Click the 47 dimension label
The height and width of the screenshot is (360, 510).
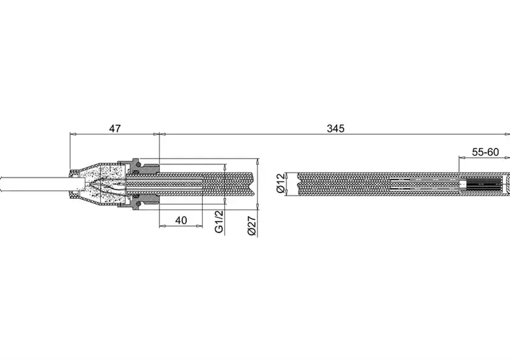[x=115, y=129]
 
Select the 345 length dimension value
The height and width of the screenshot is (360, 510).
[x=335, y=129]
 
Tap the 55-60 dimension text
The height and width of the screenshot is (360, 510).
[x=485, y=152]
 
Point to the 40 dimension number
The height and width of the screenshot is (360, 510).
[x=181, y=220]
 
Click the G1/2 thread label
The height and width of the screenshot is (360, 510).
[x=219, y=222]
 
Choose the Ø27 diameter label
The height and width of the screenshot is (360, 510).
[x=252, y=226]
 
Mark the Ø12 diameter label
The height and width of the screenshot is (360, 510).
[x=280, y=183]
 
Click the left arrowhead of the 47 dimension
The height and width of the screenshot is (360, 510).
[x=73, y=134]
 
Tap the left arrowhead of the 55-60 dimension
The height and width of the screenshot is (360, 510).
[x=462, y=157]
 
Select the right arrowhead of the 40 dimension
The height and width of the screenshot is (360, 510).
[x=200, y=226]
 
